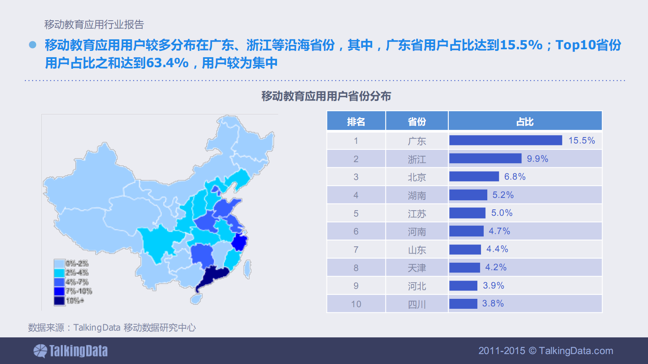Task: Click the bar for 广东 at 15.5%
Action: click(505, 140)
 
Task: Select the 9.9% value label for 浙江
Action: click(537, 159)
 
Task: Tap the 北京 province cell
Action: click(417, 177)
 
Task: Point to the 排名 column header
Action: click(356, 122)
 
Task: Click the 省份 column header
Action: click(417, 122)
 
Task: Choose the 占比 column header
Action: click(525, 122)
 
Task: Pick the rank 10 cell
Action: click(356, 304)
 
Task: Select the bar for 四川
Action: click(463, 304)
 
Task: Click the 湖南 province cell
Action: click(417, 195)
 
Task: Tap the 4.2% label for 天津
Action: click(496, 267)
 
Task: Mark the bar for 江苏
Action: click(467, 213)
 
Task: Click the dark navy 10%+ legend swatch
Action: click(59, 301)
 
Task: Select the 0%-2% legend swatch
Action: click(59, 263)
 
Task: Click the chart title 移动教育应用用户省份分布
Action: click(326, 96)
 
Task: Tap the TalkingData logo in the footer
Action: click(71, 351)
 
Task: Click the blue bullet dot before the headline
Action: click(33, 45)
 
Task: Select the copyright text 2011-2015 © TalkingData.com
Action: click(546, 351)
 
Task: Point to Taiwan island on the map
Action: click(247, 269)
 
